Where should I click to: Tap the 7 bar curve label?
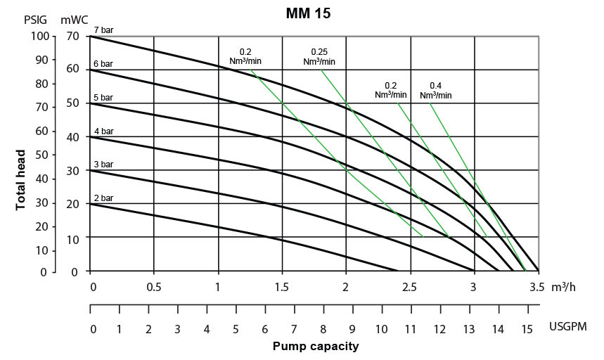pyautogui.click(x=103, y=30)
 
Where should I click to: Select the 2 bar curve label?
pyautogui.click(x=103, y=198)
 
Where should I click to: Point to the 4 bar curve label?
pyautogui.click(x=103, y=131)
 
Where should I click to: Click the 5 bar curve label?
pyautogui.click(x=103, y=98)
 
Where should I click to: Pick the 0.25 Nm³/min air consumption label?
pyautogui.click(x=319, y=56)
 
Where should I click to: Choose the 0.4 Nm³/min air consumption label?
pyautogui.click(x=435, y=90)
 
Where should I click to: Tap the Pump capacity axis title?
pyautogui.click(x=316, y=346)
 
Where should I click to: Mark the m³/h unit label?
pyautogui.click(x=567, y=288)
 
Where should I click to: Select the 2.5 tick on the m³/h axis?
pyautogui.click(x=410, y=288)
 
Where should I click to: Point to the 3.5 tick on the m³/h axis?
pyautogui.click(x=538, y=288)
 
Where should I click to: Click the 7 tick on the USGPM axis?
pyautogui.click(x=295, y=328)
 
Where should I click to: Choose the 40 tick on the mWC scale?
pyautogui.click(x=74, y=136)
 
